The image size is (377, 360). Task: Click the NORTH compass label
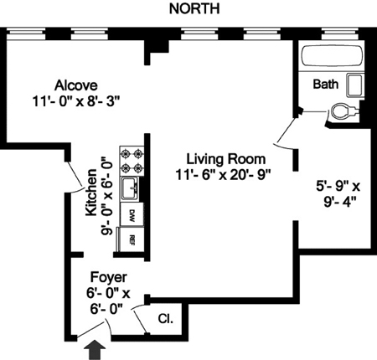coord(194,8)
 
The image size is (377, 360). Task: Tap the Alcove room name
coord(76,85)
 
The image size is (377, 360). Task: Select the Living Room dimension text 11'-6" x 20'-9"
coord(224,175)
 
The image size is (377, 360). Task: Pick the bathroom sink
coord(355,85)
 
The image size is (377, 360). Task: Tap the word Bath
coord(326,84)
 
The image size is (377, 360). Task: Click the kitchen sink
coord(129,188)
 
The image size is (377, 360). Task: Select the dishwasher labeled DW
coord(132,214)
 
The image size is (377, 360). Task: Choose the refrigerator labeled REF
coord(132,239)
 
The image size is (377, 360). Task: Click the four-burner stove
coord(132,161)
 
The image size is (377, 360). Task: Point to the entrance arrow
coord(96,349)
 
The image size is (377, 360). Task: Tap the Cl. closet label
coord(166,318)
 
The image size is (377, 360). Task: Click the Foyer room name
coord(109,277)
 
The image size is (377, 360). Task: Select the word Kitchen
coord(91,193)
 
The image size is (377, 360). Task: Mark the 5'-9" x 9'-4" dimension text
coord(338,193)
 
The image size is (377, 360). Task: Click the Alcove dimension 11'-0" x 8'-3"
coord(76,100)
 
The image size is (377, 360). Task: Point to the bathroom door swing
coord(286,131)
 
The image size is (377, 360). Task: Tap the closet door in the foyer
coord(139,318)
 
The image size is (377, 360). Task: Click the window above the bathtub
coord(339,33)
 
